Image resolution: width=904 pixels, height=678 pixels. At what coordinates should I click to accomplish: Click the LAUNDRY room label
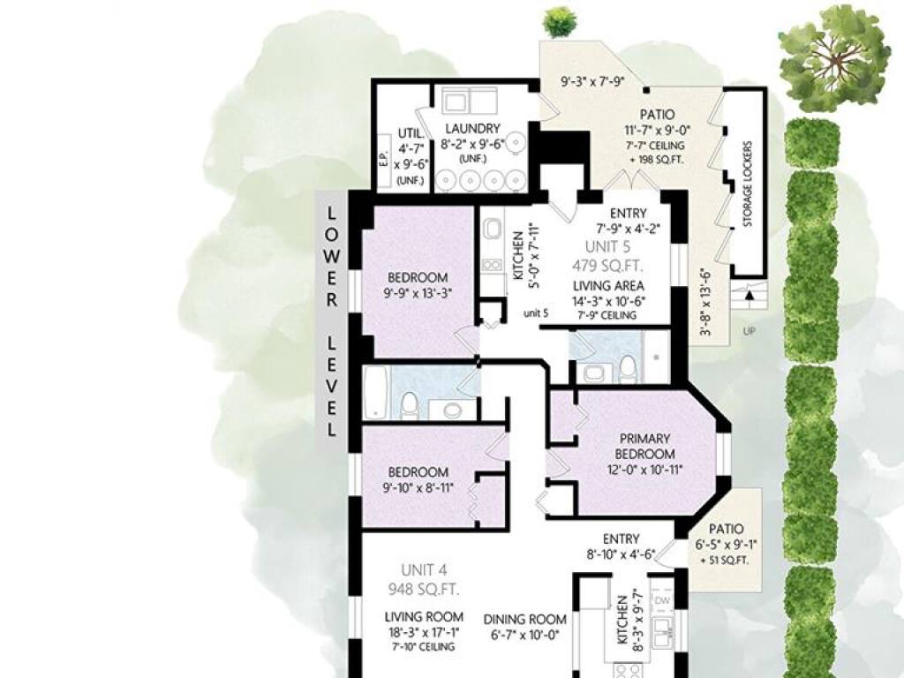[473, 129]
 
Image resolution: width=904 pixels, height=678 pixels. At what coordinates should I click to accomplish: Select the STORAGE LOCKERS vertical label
[748, 184]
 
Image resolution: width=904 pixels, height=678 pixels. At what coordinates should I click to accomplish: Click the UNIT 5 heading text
[607, 247]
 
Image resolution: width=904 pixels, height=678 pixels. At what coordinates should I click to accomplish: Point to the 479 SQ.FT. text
[607, 266]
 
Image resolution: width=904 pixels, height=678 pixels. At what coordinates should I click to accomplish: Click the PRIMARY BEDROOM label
[644, 446]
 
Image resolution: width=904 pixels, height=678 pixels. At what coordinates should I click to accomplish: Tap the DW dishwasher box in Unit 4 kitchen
[662, 601]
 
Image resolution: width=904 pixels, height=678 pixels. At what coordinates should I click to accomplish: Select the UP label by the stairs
[749, 332]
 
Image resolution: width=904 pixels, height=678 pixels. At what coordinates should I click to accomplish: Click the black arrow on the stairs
[750, 295]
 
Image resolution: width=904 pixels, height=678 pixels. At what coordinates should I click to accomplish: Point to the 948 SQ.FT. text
[424, 590]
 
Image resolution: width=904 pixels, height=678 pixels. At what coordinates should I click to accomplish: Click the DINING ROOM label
[524, 620]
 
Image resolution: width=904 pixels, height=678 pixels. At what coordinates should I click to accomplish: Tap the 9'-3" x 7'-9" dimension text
[593, 82]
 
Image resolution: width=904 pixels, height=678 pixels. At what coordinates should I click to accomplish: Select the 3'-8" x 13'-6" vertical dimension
[704, 303]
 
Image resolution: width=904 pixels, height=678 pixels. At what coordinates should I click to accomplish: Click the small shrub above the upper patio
[559, 22]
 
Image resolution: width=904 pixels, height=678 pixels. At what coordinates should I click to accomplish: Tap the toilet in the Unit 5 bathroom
[628, 369]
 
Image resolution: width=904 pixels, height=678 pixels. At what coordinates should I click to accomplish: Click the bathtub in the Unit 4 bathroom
[376, 393]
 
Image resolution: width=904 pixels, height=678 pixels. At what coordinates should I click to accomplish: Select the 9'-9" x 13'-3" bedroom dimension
[418, 293]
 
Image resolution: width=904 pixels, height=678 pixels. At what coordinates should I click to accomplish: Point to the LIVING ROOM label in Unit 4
[424, 617]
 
